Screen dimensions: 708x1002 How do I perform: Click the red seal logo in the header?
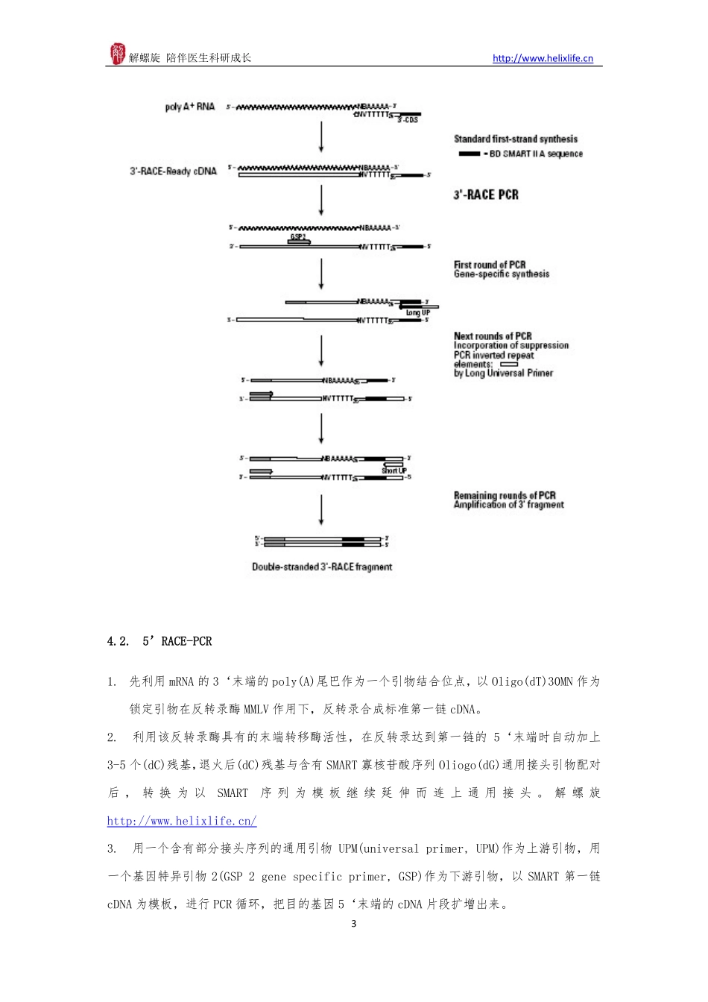coord(118,54)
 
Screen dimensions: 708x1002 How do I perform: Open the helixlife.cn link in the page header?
coord(543,58)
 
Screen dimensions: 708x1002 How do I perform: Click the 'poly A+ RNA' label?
coord(189,107)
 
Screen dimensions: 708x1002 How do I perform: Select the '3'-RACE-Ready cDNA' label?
coord(173,171)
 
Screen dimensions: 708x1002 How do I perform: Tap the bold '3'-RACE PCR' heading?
coord(486,195)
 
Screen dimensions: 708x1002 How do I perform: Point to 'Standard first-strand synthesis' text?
coord(516,139)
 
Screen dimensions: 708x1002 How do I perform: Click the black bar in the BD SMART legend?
coord(470,154)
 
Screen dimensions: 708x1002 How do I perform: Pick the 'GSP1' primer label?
coord(297,237)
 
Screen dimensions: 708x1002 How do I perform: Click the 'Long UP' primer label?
coord(417,313)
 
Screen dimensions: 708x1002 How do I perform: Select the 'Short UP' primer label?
coord(393,470)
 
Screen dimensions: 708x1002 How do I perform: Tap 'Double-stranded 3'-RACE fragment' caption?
coord(322,567)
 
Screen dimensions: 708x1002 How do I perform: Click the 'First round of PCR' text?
coord(490,265)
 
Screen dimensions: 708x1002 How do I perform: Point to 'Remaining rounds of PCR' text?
coord(505,495)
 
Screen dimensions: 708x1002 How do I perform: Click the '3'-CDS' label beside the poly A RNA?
coord(408,120)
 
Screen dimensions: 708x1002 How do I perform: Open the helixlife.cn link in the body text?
coord(182,821)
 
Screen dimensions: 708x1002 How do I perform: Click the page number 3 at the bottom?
coord(354,924)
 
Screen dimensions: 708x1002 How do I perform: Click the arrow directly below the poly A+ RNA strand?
coord(321,137)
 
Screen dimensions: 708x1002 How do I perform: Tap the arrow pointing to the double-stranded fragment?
coord(321,511)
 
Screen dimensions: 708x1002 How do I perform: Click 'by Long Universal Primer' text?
coord(503,373)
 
